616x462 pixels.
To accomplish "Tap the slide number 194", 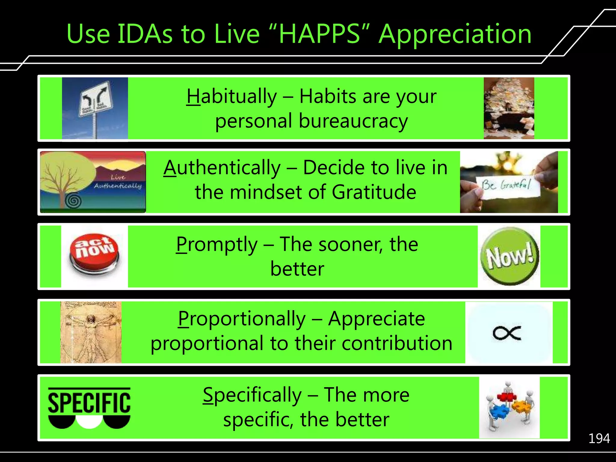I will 599,439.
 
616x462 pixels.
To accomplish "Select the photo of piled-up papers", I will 509,108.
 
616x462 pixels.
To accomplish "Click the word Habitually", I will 232,97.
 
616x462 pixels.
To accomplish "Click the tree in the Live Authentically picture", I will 65,177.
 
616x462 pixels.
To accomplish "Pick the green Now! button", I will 509,256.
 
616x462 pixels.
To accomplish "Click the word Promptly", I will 217,244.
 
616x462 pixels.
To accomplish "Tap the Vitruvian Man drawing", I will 91,332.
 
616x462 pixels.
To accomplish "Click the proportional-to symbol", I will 507,333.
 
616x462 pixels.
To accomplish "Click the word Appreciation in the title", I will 455,34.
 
